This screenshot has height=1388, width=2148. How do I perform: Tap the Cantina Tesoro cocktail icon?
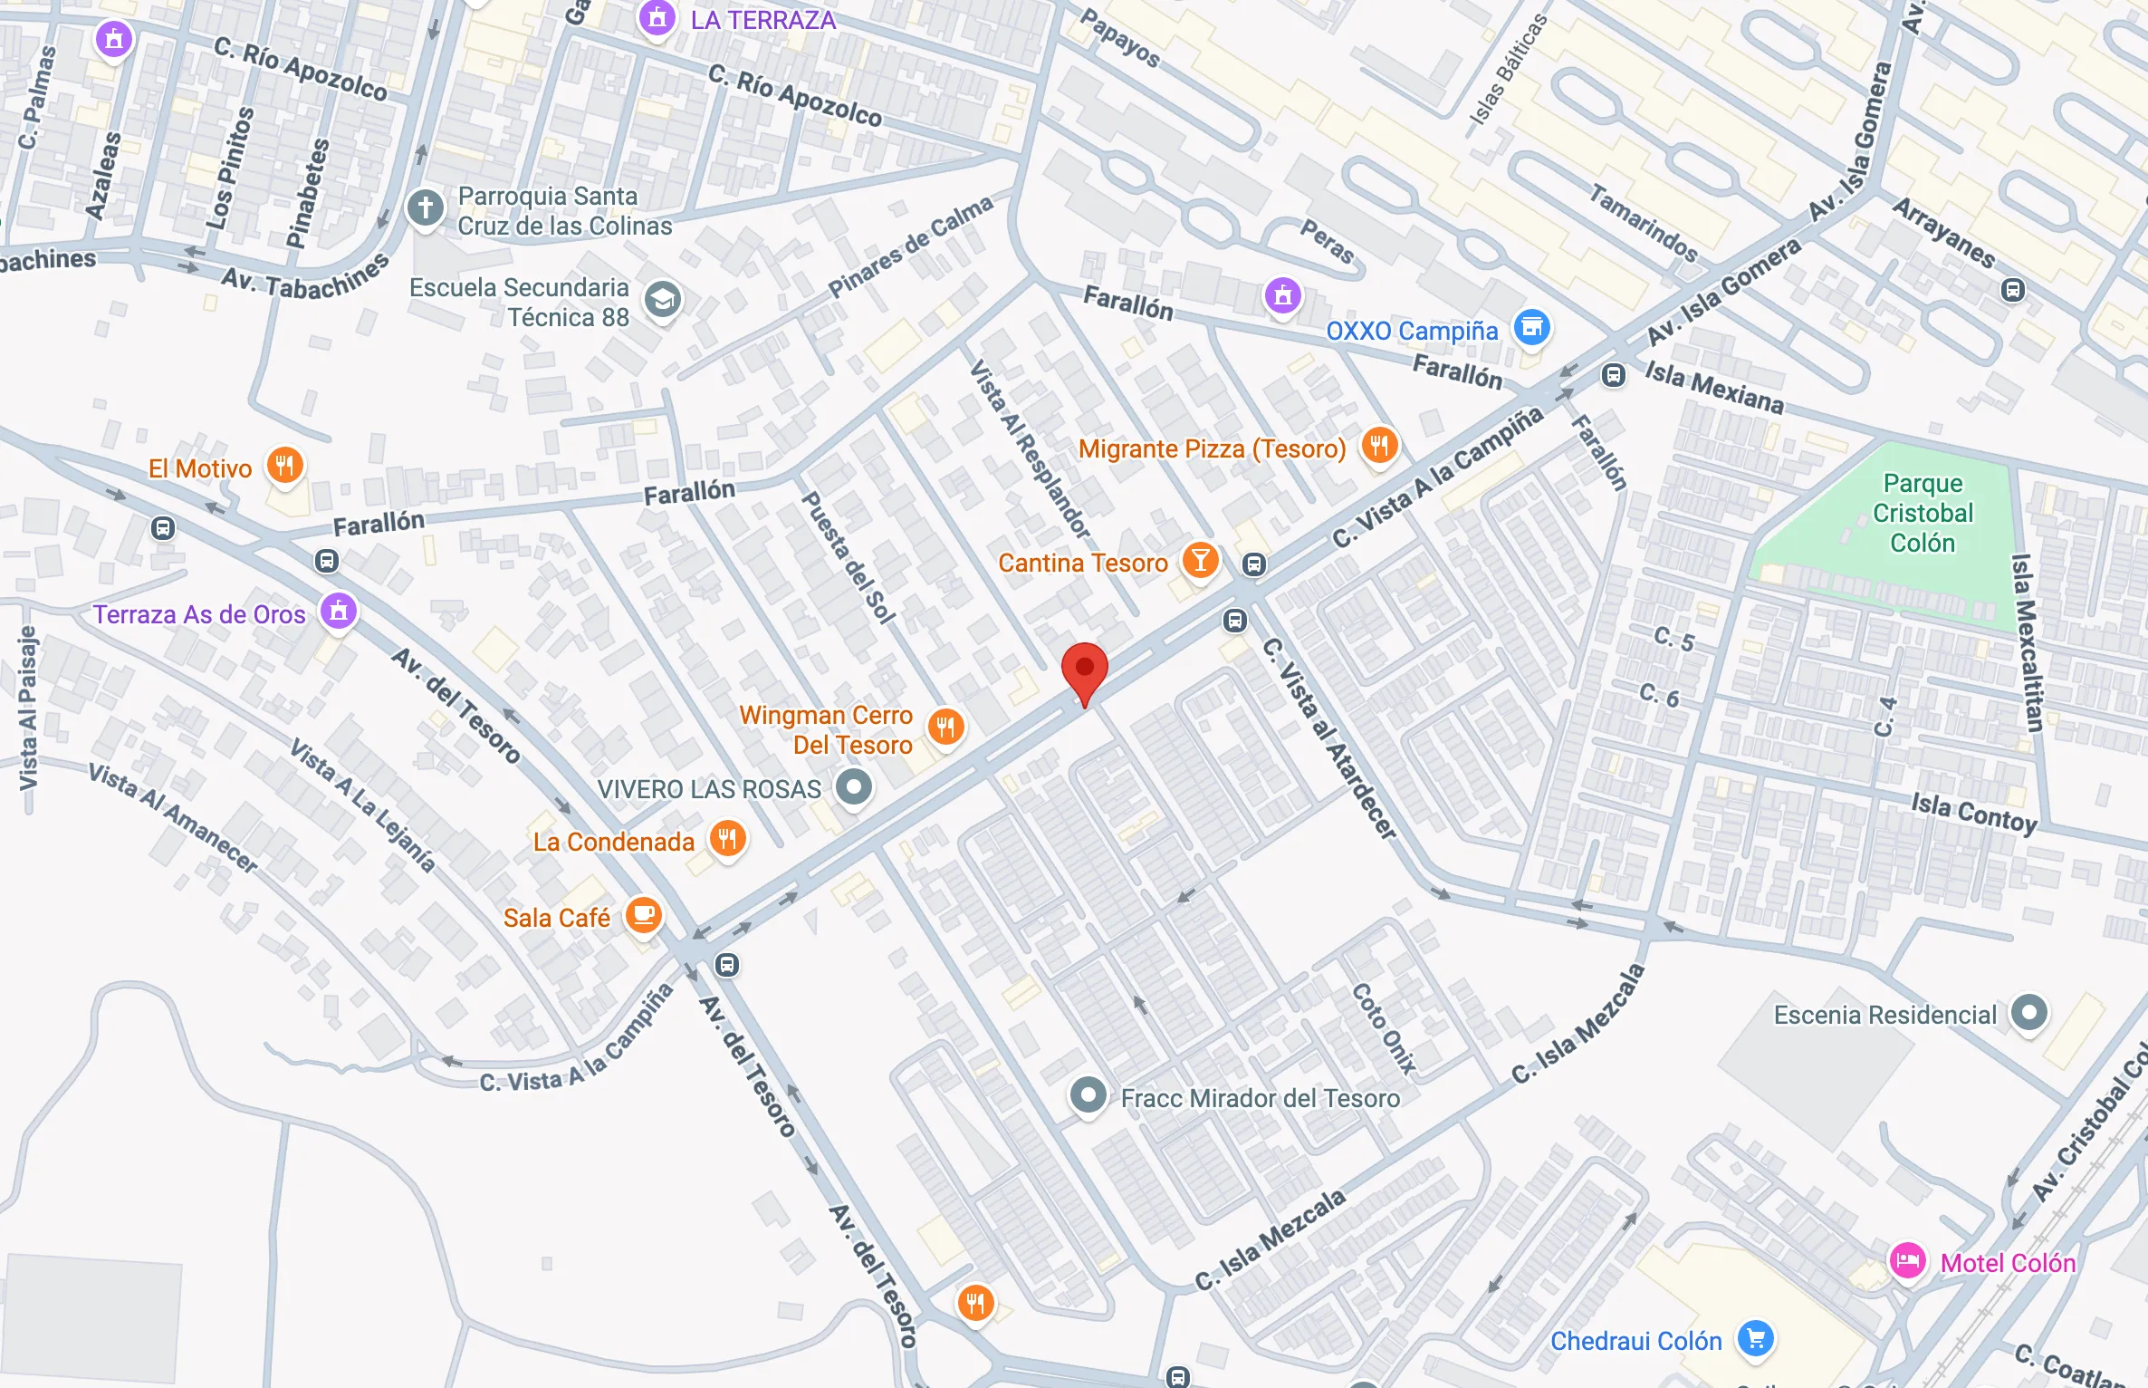pyautogui.click(x=1200, y=561)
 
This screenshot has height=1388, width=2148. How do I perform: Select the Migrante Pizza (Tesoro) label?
pyautogui.click(x=1212, y=448)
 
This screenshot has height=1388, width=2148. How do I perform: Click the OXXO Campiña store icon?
pyautogui.click(x=1531, y=328)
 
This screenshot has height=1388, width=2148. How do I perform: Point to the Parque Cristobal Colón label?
pyautogui.click(x=1923, y=513)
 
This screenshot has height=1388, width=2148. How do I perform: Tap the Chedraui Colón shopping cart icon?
pyautogui.click(x=1756, y=1338)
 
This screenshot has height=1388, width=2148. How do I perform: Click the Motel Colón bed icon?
pyautogui.click(x=1907, y=1261)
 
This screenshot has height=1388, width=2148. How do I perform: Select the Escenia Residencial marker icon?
pyautogui.click(x=2028, y=1013)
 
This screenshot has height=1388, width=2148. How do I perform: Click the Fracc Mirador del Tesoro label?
pyautogui.click(x=1260, y=1098)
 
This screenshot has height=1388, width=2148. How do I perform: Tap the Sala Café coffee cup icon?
pyautogui.click(x=644, y=916)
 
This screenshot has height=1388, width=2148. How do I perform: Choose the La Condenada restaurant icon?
pyautogui.click(x=728, y=839)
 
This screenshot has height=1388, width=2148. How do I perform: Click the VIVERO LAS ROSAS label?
pyautogui.click(x=709, y=789)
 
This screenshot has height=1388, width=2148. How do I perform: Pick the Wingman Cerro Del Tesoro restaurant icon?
pyautogui.click(x=945, y=727)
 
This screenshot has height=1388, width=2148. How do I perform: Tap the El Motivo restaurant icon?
pyautogui.click(x=284, y=467)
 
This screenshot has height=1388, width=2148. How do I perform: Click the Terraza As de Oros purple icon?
pyautogui.click(x=339, y=611)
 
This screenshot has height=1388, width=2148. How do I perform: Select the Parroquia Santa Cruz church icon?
pyautogui.click(x=425, y=208)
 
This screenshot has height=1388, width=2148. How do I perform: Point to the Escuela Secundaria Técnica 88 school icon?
pyautogui.click(x=663, y=299)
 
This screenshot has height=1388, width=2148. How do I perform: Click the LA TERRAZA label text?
pyautogui.click(x=762, y=20)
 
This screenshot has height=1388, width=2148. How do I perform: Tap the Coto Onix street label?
pyautogui.click(x=1383, y=1028)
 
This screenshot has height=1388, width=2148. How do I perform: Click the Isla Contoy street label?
pyautogui.click(x=1974, y=812)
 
